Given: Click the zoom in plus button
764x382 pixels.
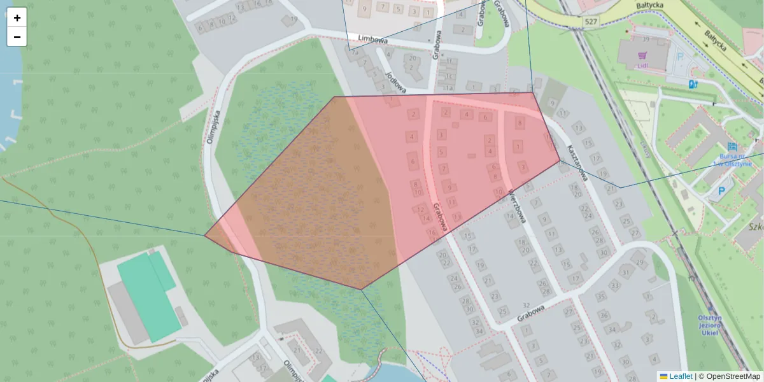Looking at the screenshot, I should pyautogui.click(x=17, y=18).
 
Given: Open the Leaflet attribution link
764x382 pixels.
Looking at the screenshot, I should pyautogui.click(x=680, y=376).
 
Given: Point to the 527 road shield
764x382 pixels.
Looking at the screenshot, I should pyautogui.click(x=590, y=22).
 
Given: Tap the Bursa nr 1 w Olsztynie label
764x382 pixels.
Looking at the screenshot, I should pyautogui.click(x=735, y=159).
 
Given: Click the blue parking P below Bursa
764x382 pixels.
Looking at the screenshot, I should pyautogui.click(x=721, y=190).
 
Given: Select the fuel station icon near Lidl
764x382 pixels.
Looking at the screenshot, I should pyautogui.click(x=693, y=83).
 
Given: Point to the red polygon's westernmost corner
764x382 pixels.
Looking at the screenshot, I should pyautogui.click(x=204, y=236).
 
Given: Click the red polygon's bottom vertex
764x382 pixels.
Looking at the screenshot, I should pyautogui.click(x=361, y=290).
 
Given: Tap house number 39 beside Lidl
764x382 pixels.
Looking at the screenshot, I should pyautogui.click(x=646, y=39).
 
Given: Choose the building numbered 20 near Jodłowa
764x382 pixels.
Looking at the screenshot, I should pyautogui.click(x=413, y=58).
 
